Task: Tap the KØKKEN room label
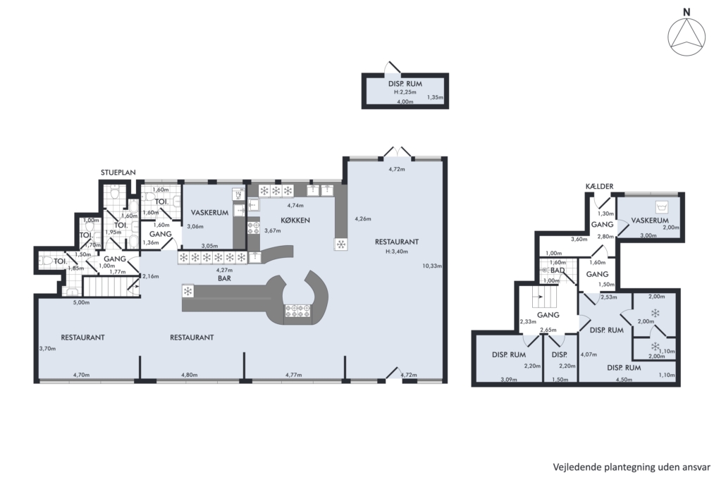pyautogui.click(x=295, y=221)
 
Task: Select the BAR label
pyautogui.click(x=225, y=278)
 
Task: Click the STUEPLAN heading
pyautogui.click(x=118, y=173)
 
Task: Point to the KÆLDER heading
pyautogui.click(x=599, y=186)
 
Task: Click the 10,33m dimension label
pyautogui.click(x=432, y=266)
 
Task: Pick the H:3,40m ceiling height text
pyautogui.click(x=396, y=252)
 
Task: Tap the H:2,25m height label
pyautogui.click(x=405, y=92)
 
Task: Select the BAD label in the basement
pyautogui.click(x=558, y=271)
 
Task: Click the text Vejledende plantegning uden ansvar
pyautogui.click(x=632, y=467)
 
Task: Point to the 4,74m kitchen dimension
pyautogui.click(x=295, y=206)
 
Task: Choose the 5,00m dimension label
pyautogui.click(x=82, y=303)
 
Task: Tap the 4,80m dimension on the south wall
pyautogui.click(x=189, y=375)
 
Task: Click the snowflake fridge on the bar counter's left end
pyautogui.click(x=188, y=291)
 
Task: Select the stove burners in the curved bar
pyautogui.click(x=297, y=311)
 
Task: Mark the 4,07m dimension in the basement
pyautogui.click(x=589, y=355)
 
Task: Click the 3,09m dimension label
pyautogui.click(x=509, y=380)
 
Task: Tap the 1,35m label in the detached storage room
pyautogui.click(x=435, y=98)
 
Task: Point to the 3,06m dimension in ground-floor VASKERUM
pyautogui.click(x=195, y=226)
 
